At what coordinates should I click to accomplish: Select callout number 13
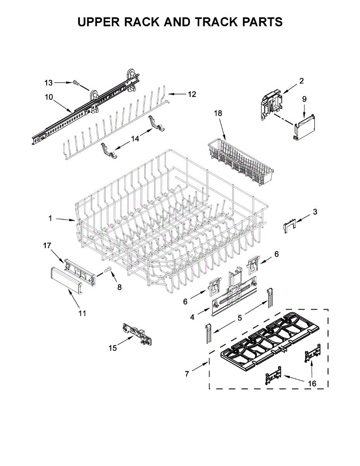[48, 83]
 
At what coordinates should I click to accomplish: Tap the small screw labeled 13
[76, 82]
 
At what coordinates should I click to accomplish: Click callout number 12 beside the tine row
[192, 94]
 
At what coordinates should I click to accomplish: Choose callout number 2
[301, 81]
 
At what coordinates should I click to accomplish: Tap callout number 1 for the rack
[50, 219]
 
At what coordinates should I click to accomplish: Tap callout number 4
[192, 317]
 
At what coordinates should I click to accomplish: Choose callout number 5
[240, 318]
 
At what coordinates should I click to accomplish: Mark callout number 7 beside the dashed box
[187, 374]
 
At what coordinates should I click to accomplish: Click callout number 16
[312, 384]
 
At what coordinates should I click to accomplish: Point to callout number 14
[135, 139]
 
